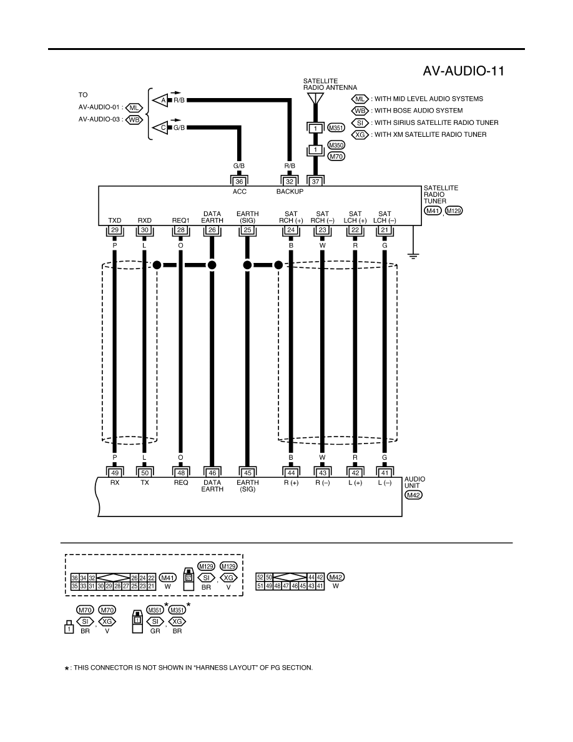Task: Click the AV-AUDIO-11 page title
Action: [x=463, y=71]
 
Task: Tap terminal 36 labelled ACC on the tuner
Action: [x=239, y=181]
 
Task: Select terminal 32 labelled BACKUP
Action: [x=290, y=181]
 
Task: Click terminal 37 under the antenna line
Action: [x=315, y=181]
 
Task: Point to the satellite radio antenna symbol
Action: [x=315, y=99]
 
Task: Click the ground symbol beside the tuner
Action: [x=414, y=257]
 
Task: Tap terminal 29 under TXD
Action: [x=115, y=230]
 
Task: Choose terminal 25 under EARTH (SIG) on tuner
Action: [x=247, y=230]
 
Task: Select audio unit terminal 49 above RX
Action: [x=115, y=473]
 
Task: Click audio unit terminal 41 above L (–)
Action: [x=384, y=473]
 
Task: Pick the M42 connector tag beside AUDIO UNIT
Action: [x=414, y=495]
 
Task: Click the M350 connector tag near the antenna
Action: [x=336, y=146]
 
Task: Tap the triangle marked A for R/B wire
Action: [x=160, y=101]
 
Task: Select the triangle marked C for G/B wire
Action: [x=160, y=128]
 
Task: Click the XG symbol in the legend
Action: [x=360, y=134]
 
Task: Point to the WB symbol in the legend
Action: [x=360, y=111]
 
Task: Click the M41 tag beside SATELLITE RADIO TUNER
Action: [x=433, y=210]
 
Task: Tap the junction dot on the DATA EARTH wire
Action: [x=212, y=265]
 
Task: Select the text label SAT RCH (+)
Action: [x=291, y=217]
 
